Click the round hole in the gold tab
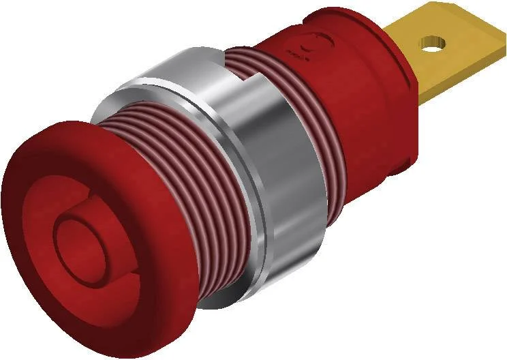click(429, 46)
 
